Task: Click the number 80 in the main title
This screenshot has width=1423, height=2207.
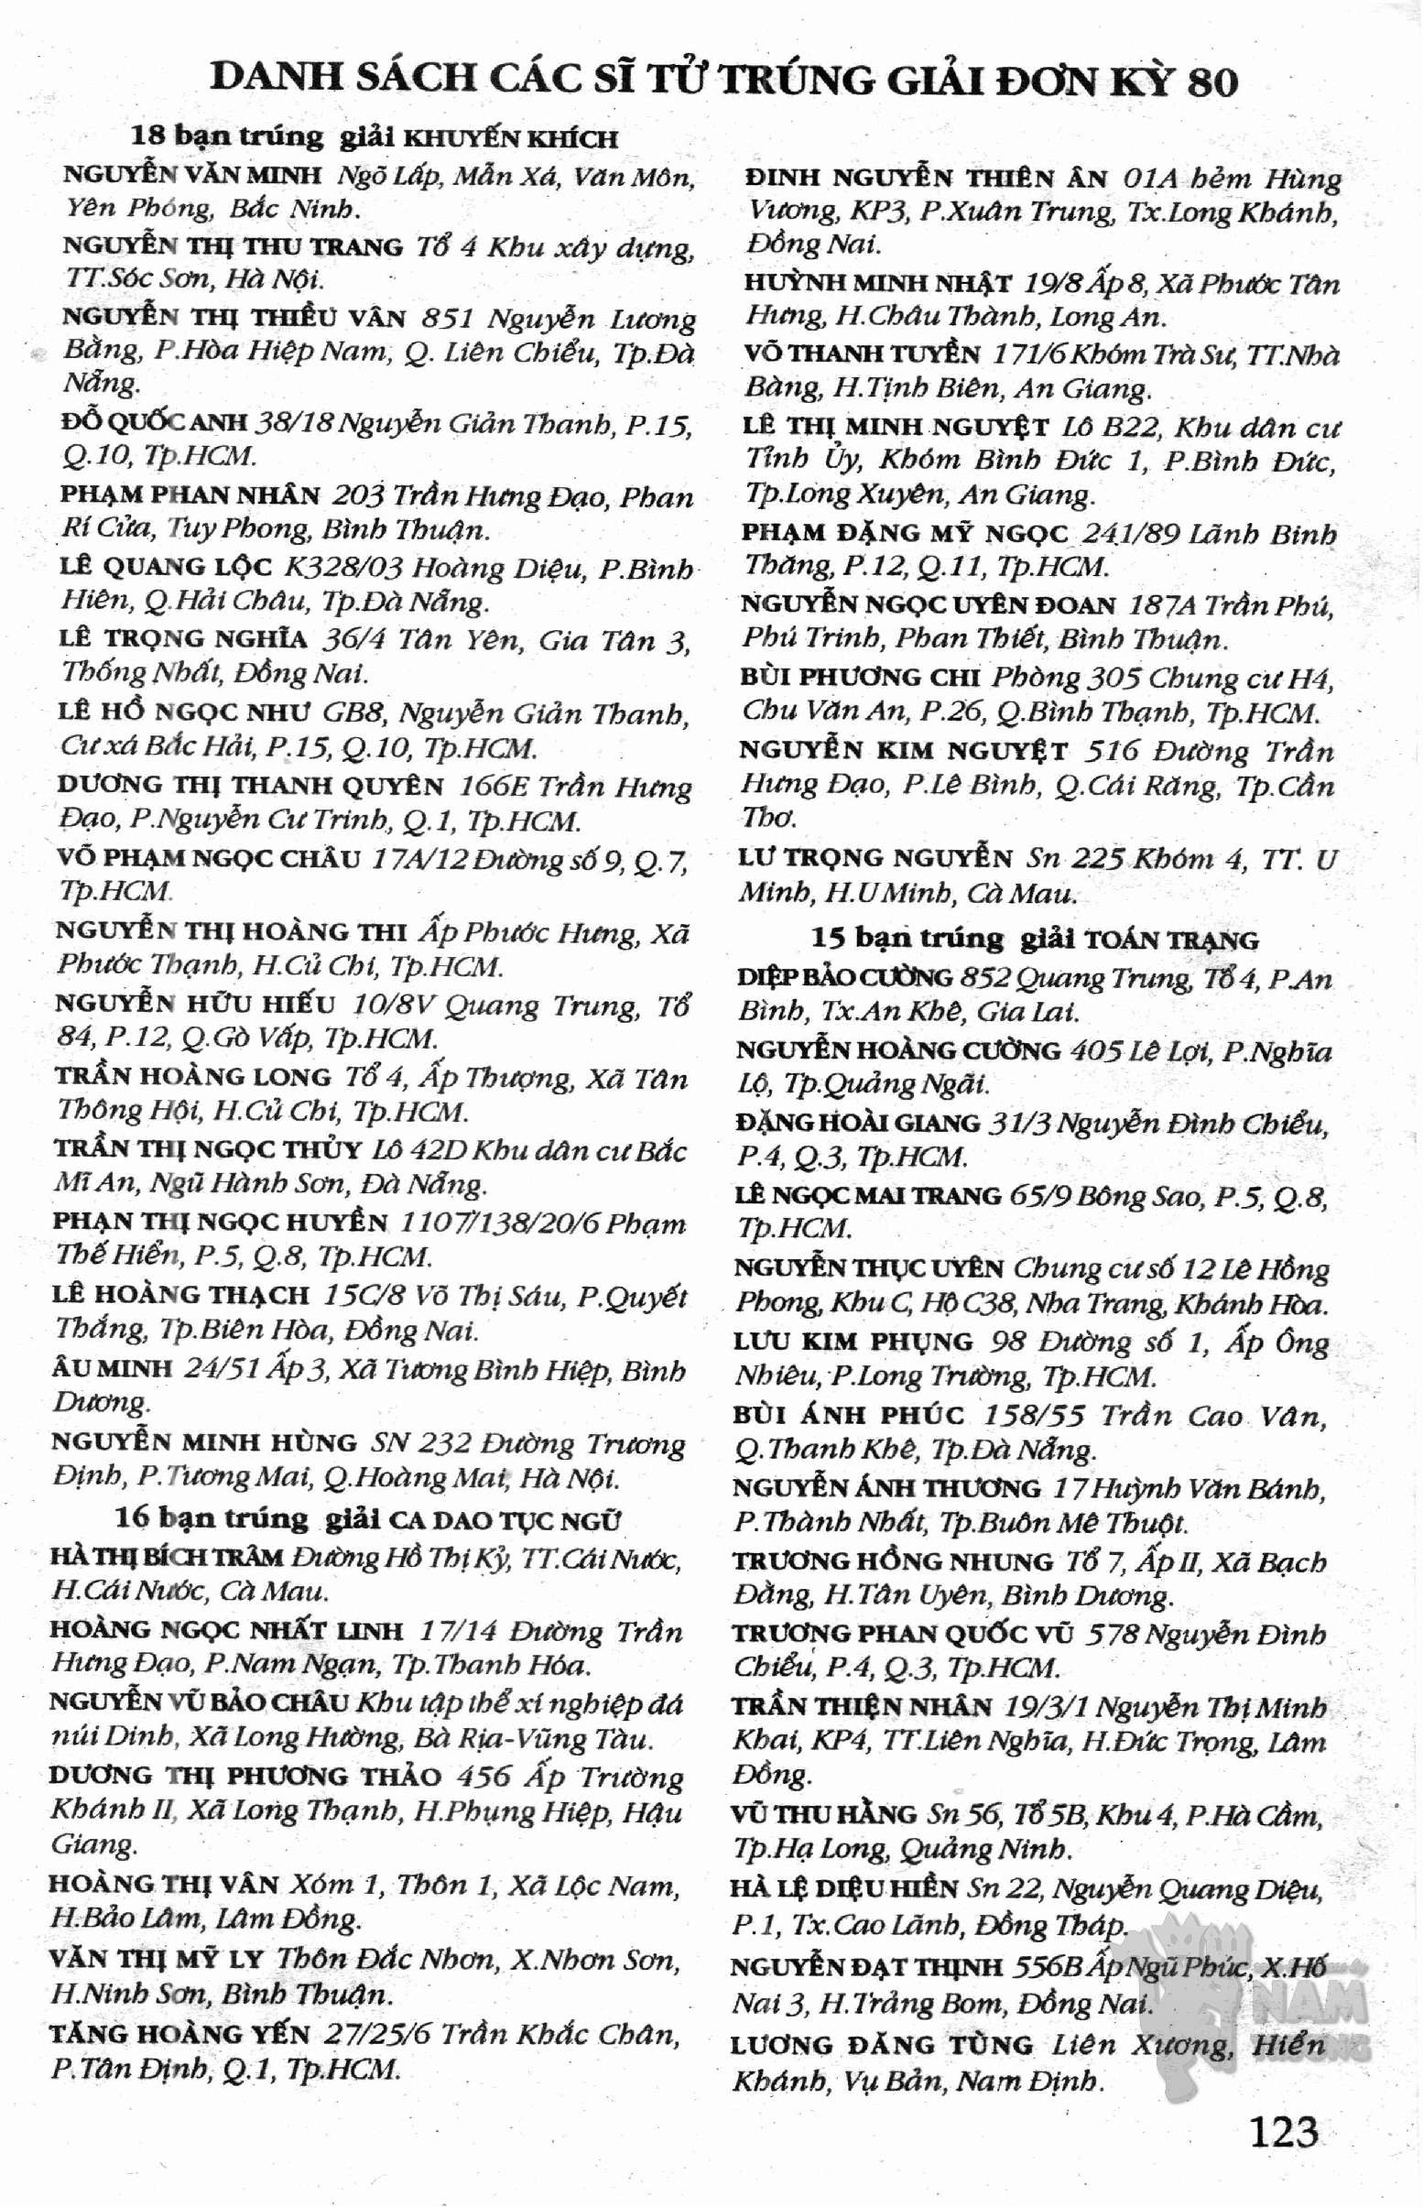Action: click(x=1211, y=82)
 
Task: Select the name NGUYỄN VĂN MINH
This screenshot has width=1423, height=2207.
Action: click(x=192, y=175)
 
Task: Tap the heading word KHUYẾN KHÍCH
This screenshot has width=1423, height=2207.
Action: click(x=512, y=139)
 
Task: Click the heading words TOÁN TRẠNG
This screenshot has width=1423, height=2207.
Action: click(x=1172, y=940)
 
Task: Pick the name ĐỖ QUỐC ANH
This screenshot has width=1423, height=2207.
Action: click(x=155, y=422)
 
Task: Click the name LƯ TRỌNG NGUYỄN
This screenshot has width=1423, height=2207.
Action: click(x=875, y=858)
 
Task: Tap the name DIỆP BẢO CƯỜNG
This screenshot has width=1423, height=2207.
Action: click(x=844, y=977)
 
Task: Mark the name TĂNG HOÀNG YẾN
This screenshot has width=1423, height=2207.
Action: click(x=179, y=2034)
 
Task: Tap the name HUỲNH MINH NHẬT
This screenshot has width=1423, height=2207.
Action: click(x=877, y=283)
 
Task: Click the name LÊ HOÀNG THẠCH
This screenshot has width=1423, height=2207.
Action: click(x=180, y=1295)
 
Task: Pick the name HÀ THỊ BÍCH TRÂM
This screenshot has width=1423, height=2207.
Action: click(x=167, y=1558)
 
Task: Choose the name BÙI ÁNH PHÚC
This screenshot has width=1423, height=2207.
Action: click(x=848, y=1414)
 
